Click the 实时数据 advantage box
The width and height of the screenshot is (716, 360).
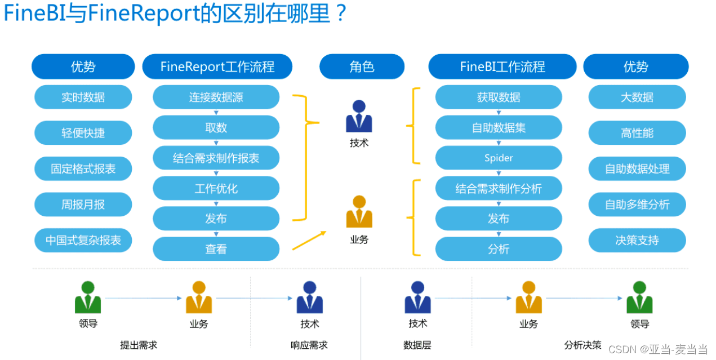(83, 97)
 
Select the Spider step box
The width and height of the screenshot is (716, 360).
(499, 158)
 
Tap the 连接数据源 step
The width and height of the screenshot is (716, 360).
(216, 97)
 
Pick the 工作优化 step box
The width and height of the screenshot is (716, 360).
(216, 188)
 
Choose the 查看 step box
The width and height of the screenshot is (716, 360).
(216, 248)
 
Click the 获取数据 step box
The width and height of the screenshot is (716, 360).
(499, 97)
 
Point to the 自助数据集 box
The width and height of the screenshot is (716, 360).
(499, 127)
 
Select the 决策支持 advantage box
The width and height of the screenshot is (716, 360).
(637, 240)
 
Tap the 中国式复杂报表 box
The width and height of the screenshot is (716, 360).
(83, 240)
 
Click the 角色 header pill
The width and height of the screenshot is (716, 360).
(362, 66)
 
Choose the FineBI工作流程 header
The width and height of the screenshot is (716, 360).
(502, 66)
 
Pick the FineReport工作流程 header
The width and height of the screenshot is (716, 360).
(217, 66)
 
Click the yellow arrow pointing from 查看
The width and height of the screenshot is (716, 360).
(309, 241)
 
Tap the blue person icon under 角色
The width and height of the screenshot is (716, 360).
(359, 117)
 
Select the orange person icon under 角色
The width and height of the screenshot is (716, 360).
(359, 212)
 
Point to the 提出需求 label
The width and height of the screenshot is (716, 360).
(139, 345)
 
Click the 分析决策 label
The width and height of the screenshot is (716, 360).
(582, 344)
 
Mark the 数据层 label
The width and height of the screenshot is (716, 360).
(417, 345)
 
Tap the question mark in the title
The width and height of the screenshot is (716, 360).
(339, 14)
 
